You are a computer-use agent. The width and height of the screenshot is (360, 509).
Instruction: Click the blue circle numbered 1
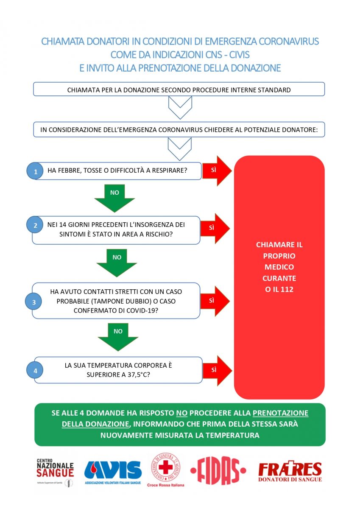coord(35,171)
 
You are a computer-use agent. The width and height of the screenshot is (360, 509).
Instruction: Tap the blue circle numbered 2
coord(35,225)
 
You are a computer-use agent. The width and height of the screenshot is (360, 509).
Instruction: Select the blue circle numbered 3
coord(33,302)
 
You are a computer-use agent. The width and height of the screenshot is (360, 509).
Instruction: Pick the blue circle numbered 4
coord(35,370)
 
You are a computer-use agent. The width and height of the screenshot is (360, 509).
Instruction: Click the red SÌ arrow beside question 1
coord(217,171)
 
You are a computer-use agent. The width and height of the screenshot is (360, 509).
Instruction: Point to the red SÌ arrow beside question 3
coord(215,301)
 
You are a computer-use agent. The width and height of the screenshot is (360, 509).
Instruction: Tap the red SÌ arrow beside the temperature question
coord(217,371)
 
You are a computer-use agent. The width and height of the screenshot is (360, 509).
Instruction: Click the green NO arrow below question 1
coord(114,198)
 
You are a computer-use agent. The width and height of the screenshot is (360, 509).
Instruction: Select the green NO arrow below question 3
coord(118,337)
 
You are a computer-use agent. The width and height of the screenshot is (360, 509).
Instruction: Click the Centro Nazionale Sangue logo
coord(55,472)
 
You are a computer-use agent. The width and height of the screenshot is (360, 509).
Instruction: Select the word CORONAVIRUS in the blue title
coord(289,42)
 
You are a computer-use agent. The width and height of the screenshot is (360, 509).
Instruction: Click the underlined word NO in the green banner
coord(182,413)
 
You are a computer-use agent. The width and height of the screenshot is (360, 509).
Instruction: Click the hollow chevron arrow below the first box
coord(180,107)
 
